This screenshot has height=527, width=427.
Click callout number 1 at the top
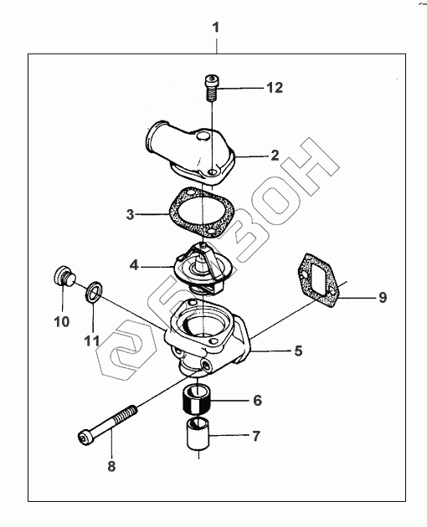point(216,28)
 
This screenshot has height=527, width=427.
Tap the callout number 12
point(275,88)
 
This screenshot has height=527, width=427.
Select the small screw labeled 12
point(211,87)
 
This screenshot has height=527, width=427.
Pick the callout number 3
point(130,214)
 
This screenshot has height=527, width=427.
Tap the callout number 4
point(134,265)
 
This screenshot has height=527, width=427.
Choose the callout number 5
point(298,350)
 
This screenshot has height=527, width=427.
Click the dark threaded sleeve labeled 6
point(198,400)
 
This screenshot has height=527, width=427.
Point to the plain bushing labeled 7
point(198,433)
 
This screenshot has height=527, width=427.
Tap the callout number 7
point(256,437)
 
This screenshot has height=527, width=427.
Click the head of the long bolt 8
point(85,438)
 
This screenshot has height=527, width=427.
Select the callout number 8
point(111,466)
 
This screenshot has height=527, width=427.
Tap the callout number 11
point(91,341)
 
